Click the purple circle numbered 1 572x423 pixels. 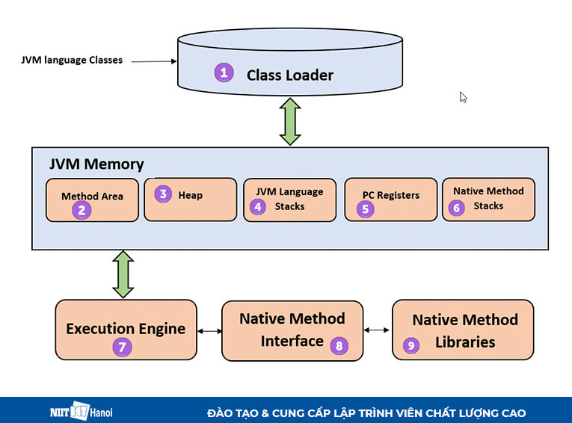pyautogui.click(x=223, y=72)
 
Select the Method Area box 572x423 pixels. pyautogui.click(x=92, y=200)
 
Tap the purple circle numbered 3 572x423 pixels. pyautogui.click(x=162, y=194)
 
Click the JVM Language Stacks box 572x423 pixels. pyautogui.click(x=289, y=199)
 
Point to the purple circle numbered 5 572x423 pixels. pyautogui.click(x=366, y=209)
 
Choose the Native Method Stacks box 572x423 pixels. pyautogui.click(x=488, y=199)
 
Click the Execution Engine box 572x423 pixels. pyautogui.click(x=126, y=330)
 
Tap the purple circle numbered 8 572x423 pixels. pyautogui.click(x=339, y=345)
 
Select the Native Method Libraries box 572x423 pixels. pyautogui.click(x=463, y=330)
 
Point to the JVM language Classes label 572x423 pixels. pyautogui.click(x=72, y=60)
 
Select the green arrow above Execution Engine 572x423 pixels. pyautogui.click(x=123, y=274)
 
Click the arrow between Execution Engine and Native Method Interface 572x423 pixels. pyautogui.click(x=209, y=330)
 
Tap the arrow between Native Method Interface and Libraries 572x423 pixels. pyautogui.click(x=378, y=330)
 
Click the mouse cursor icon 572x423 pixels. pyautogui.click(x=464, y=97)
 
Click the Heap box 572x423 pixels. pyautogui.click(x=190, y=199)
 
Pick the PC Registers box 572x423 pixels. pyautogui.click(x=390, y=199)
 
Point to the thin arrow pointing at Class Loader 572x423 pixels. pyautogui.click(x=153, y=61)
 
